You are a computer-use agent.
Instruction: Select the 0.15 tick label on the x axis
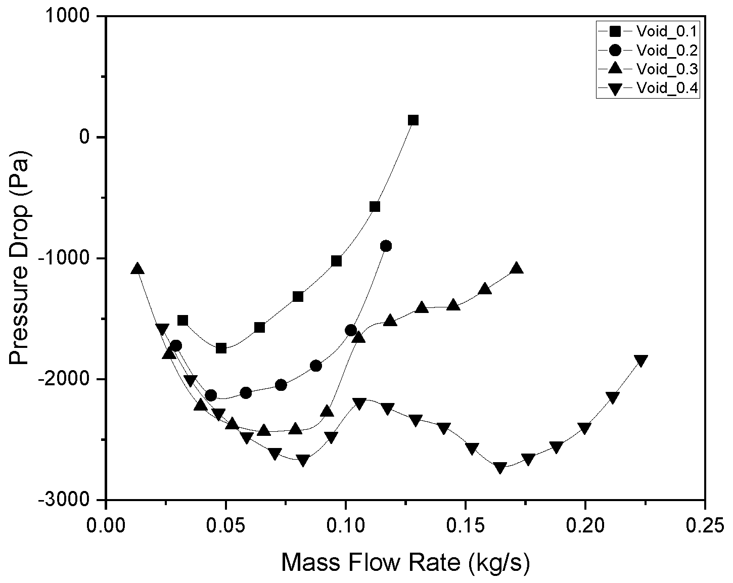coord(466,526)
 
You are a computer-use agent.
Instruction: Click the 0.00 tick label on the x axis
coord(106,526)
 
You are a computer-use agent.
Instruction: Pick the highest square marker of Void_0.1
coord(413,120)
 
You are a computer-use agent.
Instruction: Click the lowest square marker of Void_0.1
coord(221,348)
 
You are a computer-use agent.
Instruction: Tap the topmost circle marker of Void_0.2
coord(386,246)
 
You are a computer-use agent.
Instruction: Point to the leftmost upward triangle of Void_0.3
coord(138,268)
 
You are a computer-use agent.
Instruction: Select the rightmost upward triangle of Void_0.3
coord(516,268)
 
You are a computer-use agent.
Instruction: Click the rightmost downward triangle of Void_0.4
coord(640,361)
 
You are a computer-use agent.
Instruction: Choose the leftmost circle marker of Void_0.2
coord(176,345)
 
